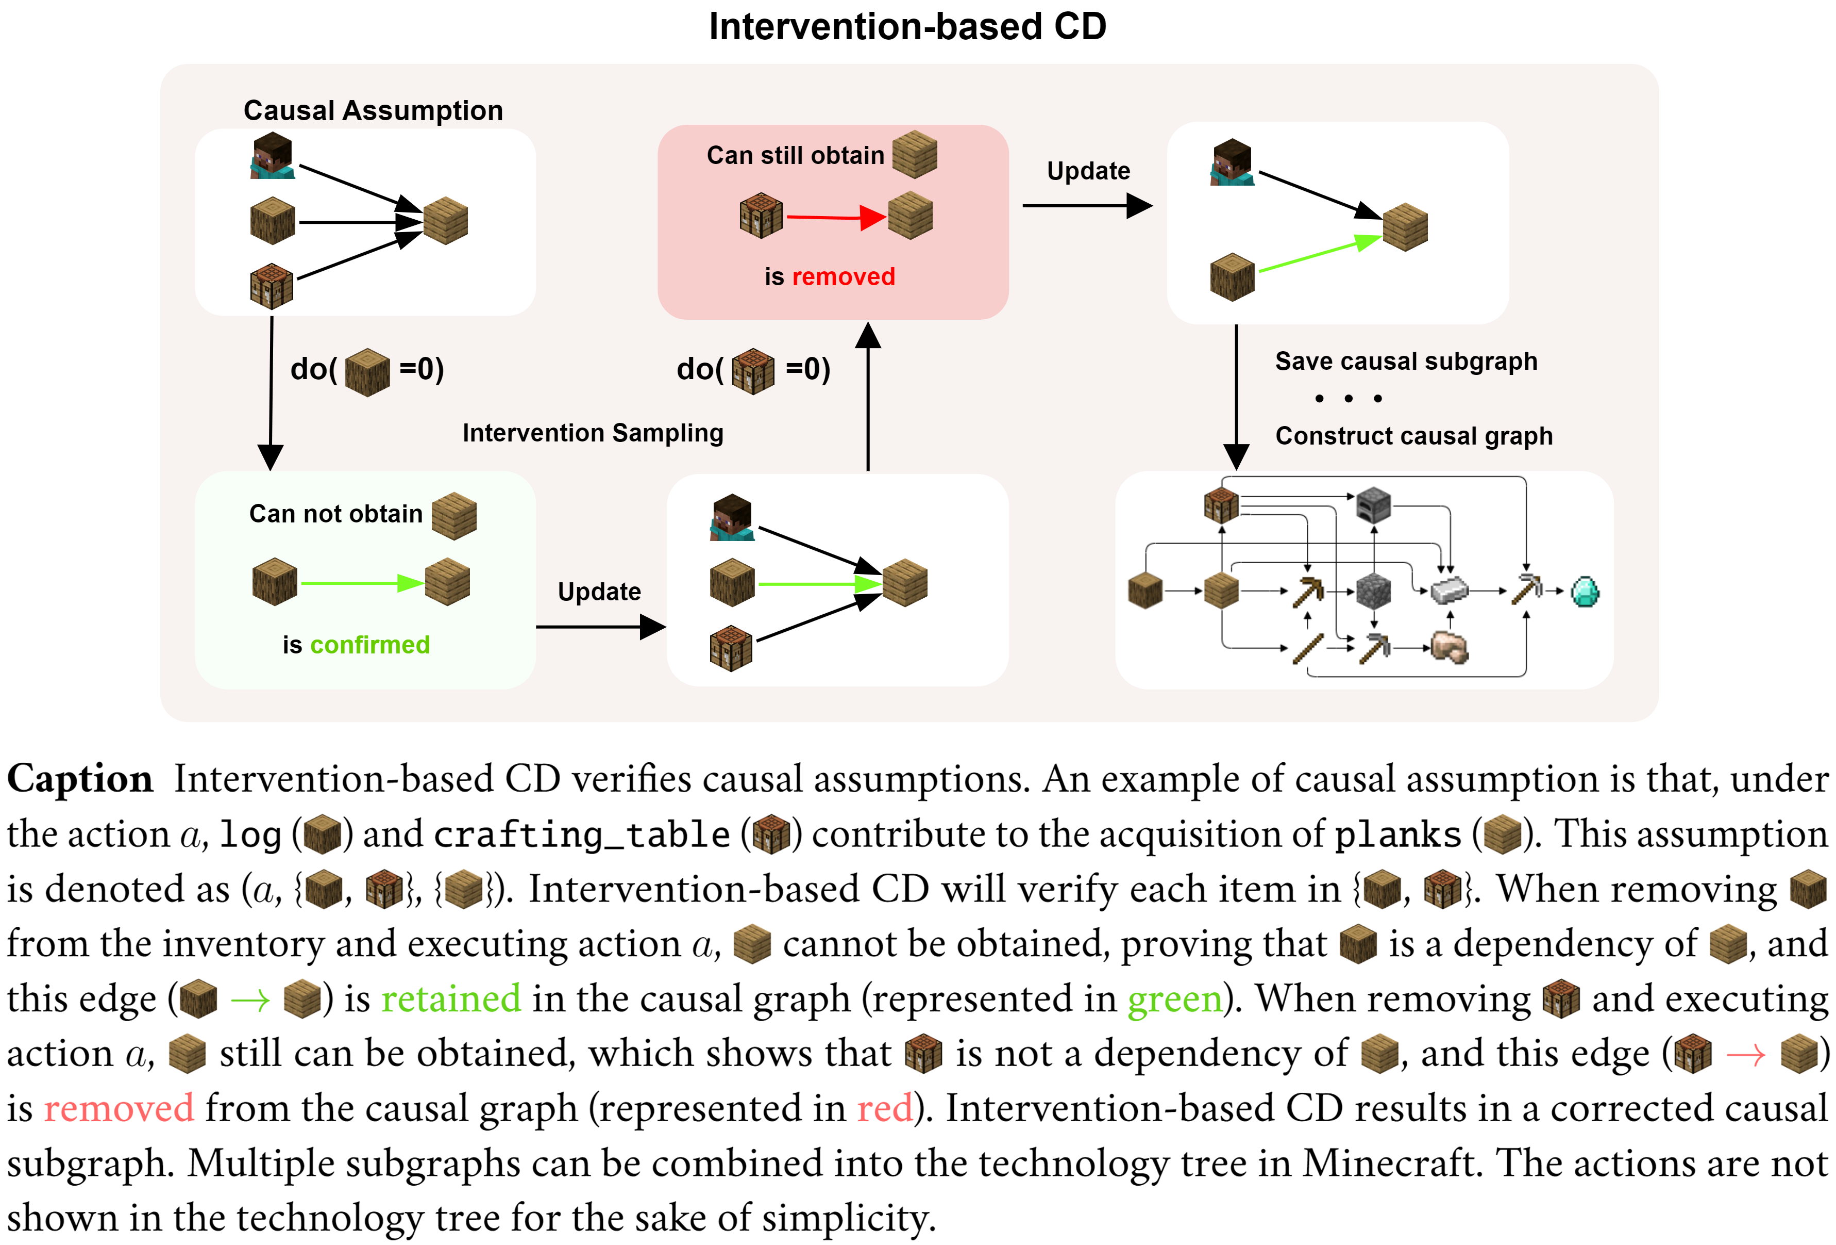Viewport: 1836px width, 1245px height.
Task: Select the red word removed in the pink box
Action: pos(843,276)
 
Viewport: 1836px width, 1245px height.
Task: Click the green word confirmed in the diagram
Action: pos(370,645)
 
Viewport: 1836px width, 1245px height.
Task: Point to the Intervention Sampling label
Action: pos(593,433)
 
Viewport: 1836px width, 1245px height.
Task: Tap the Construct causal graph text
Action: pos(1413,436)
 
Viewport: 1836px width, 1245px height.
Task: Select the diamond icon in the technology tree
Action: pos(1585,591)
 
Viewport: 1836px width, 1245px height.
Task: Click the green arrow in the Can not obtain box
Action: pos(362,583)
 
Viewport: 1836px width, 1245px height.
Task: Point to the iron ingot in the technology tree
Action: pos(1449,589)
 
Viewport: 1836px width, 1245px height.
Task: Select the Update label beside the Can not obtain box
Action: pos(599,591)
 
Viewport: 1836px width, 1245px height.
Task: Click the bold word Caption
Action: pos(80,779)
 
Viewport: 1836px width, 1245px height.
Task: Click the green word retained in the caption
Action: pos(451,998)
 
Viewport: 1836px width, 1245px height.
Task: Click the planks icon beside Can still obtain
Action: pos(914,154)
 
